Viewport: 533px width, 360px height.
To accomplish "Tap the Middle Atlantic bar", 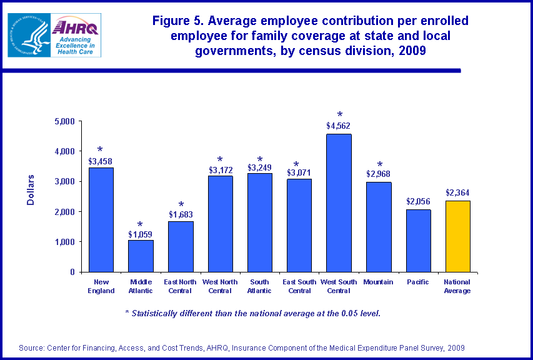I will (x=140, y=256).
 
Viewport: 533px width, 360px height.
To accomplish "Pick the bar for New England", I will (x=101, y=219).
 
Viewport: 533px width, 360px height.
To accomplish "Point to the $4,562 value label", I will (x=339, y=126).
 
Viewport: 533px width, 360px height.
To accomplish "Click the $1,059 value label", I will (x=140, y=234).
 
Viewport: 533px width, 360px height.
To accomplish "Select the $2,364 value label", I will (x=457, y=193).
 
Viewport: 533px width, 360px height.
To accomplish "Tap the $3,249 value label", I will (x=259, y=167).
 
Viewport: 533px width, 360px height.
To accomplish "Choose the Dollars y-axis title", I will (x=31, y=190).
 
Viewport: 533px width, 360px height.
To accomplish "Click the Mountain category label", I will (x=378, y=282).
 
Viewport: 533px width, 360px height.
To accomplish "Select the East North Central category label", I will (x=180, y=286).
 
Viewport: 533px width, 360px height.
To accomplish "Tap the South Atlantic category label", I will (x=259, y=286).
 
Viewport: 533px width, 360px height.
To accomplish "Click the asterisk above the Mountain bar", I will (x=379, y=166).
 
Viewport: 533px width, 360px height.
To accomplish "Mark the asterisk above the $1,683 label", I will (x=181, y=205).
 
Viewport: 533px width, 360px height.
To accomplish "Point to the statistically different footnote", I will (x=252, y=313).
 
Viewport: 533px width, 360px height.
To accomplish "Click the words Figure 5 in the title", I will (x=178, y=21).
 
